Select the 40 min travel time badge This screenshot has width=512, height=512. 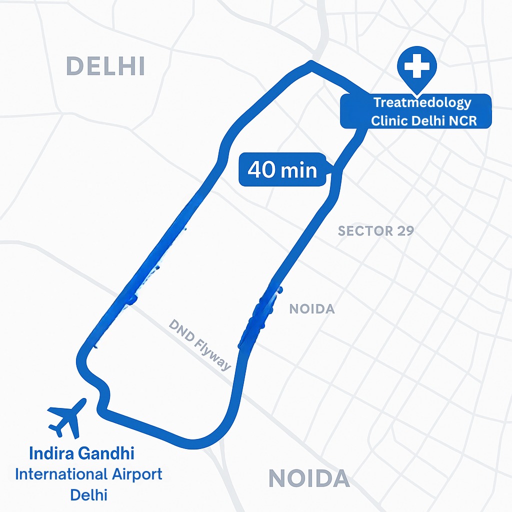pos(283,170)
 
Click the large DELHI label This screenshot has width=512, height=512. pos(105,66)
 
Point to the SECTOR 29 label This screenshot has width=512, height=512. pos(375,231)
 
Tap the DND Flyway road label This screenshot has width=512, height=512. pos(200,345)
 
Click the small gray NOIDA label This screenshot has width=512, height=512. pos(312,309)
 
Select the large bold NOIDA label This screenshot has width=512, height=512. pos(309,478)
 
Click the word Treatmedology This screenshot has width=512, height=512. pos(422,103)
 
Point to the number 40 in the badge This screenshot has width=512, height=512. pos(261,170)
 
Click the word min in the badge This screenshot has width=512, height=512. pos(298,170)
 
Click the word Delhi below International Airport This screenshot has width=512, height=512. pos(89,495)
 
